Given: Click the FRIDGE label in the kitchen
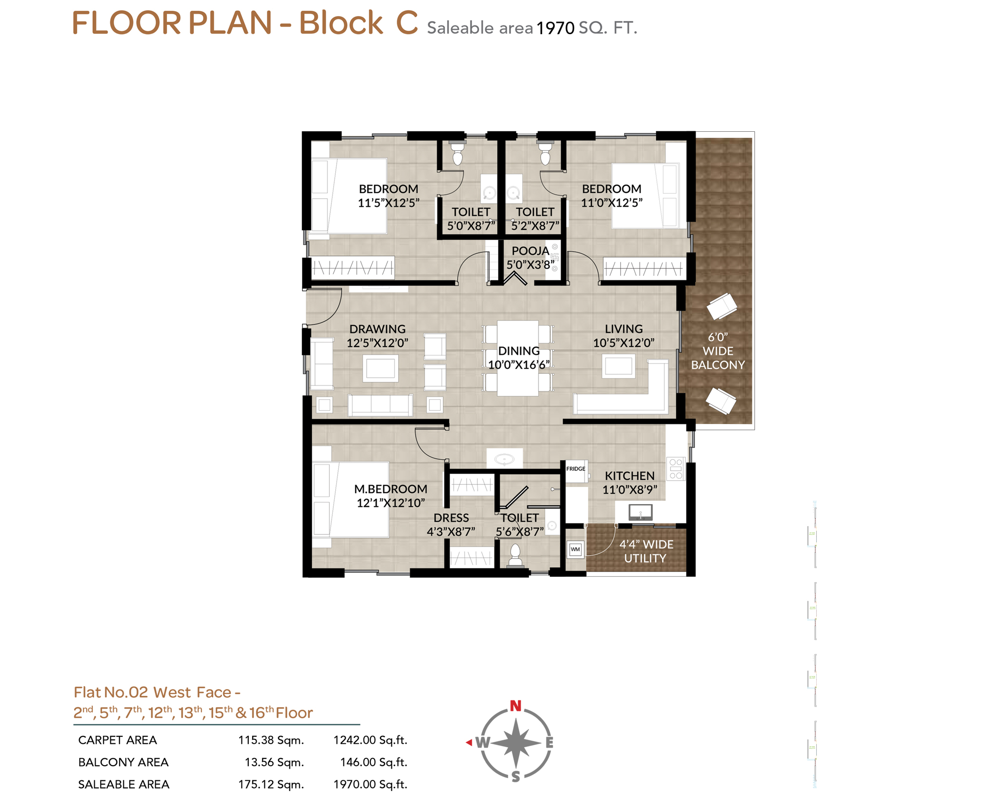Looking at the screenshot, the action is (x=575, y=468).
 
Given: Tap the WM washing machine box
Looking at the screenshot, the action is (x=575, y=550).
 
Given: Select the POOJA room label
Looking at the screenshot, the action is (x=530, y=251).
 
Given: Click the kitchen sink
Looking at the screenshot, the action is (x=640, y=512).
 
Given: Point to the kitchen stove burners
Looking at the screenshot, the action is (x=676, y=468).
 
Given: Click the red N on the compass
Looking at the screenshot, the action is (x=516, y=706).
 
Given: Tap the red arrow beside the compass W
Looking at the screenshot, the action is (x=469, y=742).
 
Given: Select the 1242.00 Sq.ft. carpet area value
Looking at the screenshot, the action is (x=370, y=740).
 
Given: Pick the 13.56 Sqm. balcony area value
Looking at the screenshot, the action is (x=274, y=762).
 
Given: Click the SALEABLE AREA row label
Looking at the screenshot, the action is (x=124, y=784).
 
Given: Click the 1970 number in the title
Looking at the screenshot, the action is (x=555, y=28).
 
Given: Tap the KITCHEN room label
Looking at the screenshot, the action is (x=629, y=476).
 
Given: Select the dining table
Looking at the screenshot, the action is (x=518, y=358).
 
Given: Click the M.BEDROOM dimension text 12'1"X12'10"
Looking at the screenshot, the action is (x=390, y=503).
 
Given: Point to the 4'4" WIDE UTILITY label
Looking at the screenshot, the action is (x=646, y=551).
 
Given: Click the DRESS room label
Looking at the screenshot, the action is (x=451, y=518).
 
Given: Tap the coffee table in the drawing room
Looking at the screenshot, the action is (x=381, y=368).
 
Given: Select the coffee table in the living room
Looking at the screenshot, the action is (x=618, y=366).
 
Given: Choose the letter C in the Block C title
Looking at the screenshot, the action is (x=406, y=23).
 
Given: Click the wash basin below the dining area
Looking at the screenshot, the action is (x=505, y=459).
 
